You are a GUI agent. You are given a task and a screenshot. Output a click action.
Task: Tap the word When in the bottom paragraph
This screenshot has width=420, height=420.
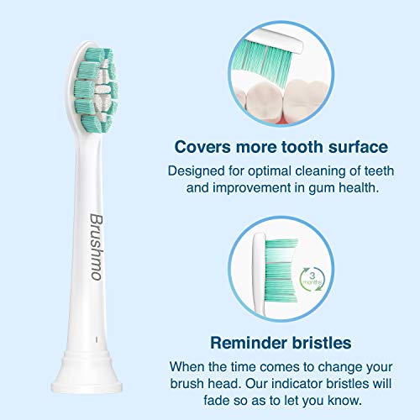[x=189, y=366]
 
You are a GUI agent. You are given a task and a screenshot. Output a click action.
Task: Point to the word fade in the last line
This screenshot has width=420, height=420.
[x=187, y=401]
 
